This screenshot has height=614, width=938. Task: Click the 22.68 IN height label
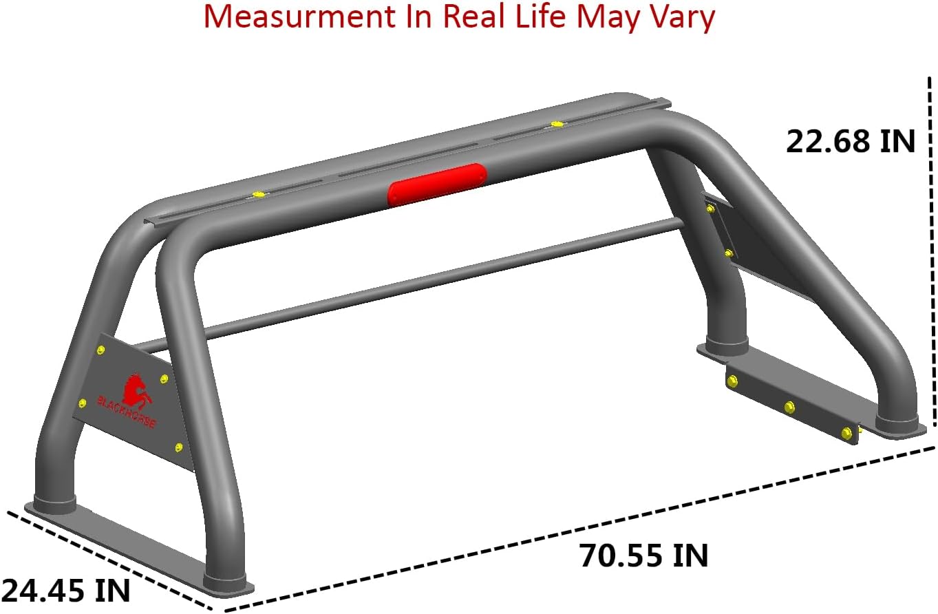pyautogui.click(x=851, y=142)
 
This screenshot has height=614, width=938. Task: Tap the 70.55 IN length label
pyautogui.click(x=643, y=555)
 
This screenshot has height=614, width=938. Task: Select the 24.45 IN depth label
pyautogui.click(x=65, y=590)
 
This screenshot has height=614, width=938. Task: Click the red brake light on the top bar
pyautogui.click(x=437, y=184)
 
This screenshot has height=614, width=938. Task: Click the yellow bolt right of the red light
pyautogui.click(x=556, y=125)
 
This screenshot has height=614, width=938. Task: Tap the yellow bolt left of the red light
pyautogui.click(x=259, y=195)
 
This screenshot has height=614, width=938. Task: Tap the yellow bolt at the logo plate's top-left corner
pyautogui.click(x=101, y=352)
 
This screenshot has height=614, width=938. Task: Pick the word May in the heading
pyautogui.click(x=608, y=17)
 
